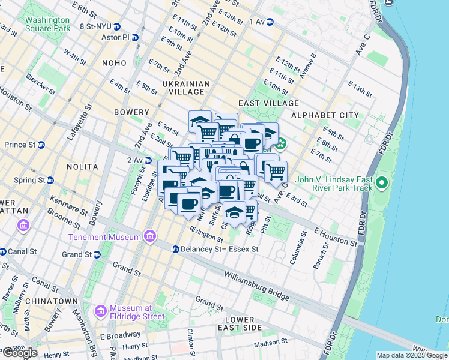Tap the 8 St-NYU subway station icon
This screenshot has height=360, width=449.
click(117, 26)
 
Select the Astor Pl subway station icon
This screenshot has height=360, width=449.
click(135, 37)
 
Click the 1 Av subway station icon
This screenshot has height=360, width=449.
click(270, 22)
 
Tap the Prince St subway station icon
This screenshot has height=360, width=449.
click(41, 145)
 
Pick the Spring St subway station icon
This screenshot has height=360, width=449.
click(51, 180)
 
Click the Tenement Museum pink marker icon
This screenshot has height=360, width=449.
click(149, 236)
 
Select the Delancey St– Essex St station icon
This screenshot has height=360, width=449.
click(175, 249)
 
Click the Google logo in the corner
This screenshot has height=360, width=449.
click(20, 353)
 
